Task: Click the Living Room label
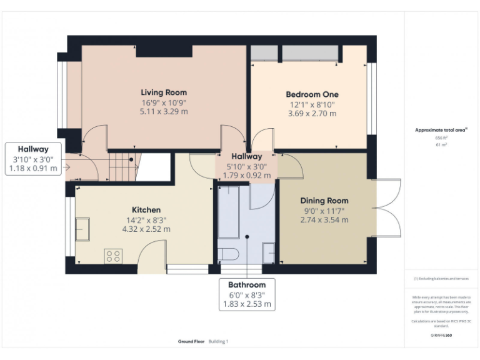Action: click(163, 92)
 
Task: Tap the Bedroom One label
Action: click(312, 94)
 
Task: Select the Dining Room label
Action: click(324, 201)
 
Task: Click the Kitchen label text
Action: click(146, 210)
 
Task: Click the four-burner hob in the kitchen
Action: click(114, 255)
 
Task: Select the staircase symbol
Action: click(123, 166)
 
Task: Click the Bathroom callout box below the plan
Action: click(247, 294)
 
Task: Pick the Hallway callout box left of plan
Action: click(33, 159)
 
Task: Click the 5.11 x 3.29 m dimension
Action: click(163, 111)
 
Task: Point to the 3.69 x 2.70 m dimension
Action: click(312, 114)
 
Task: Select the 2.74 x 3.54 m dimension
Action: click(324, 219)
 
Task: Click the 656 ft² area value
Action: click(441, 137)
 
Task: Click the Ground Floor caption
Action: click(190, 341)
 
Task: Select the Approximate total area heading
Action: click(441, 130)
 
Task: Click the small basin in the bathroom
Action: click(267, 253)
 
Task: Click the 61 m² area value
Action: click(441, 144)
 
